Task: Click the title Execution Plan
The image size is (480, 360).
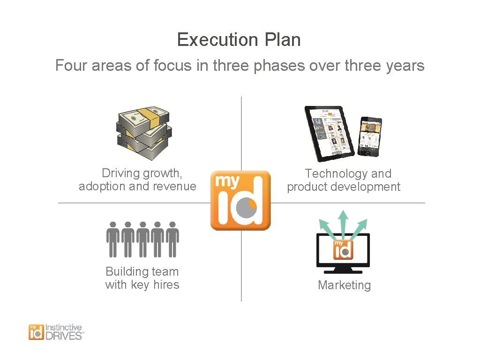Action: coord(239,40)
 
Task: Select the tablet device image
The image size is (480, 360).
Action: coord(330,133)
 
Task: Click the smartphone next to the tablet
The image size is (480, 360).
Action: coord(370,136)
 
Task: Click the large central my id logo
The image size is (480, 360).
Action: coord(240,200)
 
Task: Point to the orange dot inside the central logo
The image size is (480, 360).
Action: coord(252,204)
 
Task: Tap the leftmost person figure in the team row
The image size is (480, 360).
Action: coord(112,239)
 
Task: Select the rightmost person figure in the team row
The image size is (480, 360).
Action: coord(173,239)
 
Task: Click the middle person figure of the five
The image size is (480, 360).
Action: coord(143,239)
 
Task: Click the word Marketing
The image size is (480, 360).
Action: coord(344,285)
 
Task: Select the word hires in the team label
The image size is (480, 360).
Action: coord(166,285)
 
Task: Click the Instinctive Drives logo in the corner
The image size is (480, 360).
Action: coord(56,332)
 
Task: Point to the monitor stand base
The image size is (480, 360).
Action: coord(343,271)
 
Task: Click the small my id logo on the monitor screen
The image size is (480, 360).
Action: coord(343,250)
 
